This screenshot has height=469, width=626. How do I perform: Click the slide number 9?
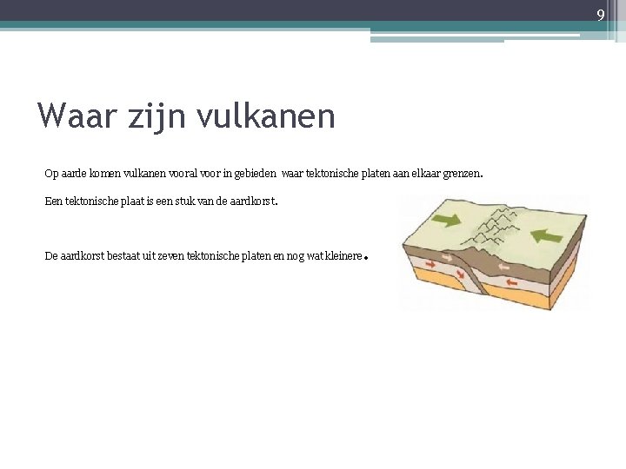(x=600, y=15)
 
